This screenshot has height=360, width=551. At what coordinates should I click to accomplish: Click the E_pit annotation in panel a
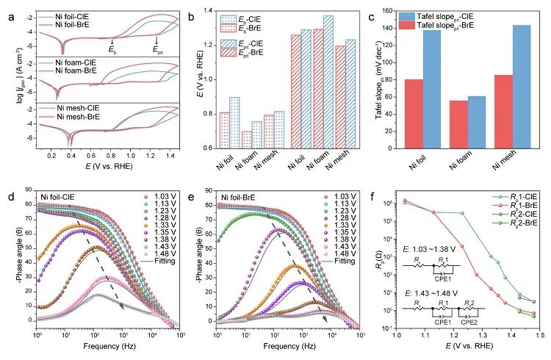click(158, 50)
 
